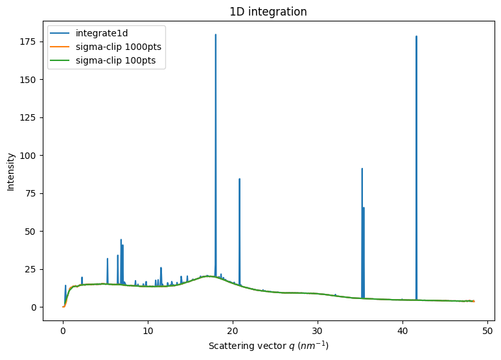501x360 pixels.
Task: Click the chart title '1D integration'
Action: [268, 12]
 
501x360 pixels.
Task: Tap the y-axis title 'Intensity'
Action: [11, 171]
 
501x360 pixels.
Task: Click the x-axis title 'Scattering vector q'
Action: [268, 346]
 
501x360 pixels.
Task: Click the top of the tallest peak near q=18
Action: [216, 34]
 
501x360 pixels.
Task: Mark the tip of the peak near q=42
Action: [416, 36]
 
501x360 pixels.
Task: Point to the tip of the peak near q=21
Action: [240, 179]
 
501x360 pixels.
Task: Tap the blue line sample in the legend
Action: [62, 33]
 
